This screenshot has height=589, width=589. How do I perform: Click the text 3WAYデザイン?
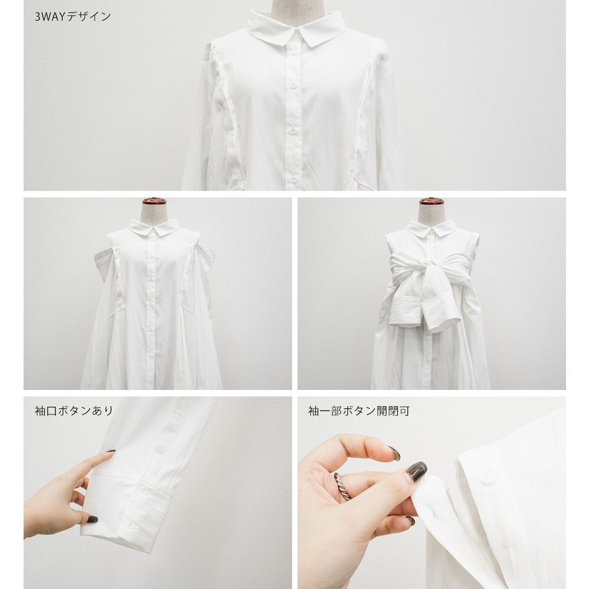point(72,16)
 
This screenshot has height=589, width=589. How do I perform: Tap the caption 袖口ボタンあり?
point(74,411)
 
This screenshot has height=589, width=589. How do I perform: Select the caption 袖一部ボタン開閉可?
point(358,411)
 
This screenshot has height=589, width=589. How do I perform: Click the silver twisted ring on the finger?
point(342,486)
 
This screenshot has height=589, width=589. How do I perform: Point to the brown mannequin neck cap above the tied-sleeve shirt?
point(431,201)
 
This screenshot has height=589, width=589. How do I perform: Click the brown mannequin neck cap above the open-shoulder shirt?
point(154,201)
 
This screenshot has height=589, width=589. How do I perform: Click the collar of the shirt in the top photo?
point(296,27)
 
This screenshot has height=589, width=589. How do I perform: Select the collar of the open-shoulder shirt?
point(154,227)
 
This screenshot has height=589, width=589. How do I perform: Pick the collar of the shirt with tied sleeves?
point(432,227)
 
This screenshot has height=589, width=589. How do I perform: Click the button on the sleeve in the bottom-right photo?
point(487,476)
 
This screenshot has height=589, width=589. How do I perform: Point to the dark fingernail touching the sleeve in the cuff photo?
point(110,452)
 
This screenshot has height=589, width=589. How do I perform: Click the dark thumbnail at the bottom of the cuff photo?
point(92,519)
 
